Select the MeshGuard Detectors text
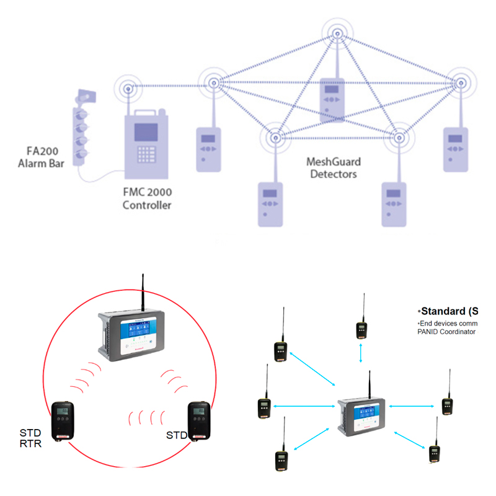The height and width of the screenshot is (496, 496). click(x=334, y=168)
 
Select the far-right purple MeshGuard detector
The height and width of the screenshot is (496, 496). click(x=456, y=149)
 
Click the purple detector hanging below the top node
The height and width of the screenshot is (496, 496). click(x=332, y=99)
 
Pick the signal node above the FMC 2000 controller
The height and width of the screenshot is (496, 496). click(x=129, y=89)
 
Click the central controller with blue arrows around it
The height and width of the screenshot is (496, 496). click(x=362, y=412)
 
